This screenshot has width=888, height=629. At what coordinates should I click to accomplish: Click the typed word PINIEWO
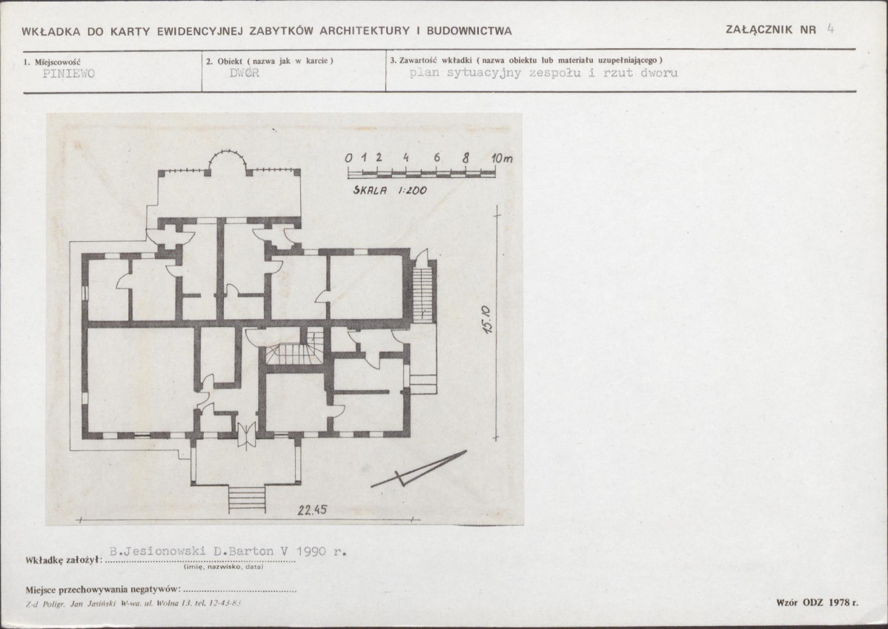[68, 73]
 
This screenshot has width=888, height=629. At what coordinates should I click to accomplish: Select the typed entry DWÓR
[245, 73]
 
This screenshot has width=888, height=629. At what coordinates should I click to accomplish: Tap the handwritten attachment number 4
[830, 29]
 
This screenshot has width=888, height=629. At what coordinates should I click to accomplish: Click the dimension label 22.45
[312, 510]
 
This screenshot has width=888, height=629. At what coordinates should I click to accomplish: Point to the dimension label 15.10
[487, 320]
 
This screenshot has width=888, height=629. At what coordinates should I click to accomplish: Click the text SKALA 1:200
[390, 191]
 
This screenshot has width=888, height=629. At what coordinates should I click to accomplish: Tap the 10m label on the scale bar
[502, 158]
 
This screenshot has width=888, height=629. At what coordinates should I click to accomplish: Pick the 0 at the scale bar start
[349, 157]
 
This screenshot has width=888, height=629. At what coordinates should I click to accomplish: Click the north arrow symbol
[419, 470]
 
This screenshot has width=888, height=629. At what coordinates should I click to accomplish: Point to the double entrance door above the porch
[246, 435]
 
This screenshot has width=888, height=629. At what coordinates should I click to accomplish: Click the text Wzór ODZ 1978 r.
[817, 602]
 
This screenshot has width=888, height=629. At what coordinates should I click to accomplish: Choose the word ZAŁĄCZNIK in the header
[760, 30]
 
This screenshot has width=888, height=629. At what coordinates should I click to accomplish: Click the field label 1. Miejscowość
[52, 62]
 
